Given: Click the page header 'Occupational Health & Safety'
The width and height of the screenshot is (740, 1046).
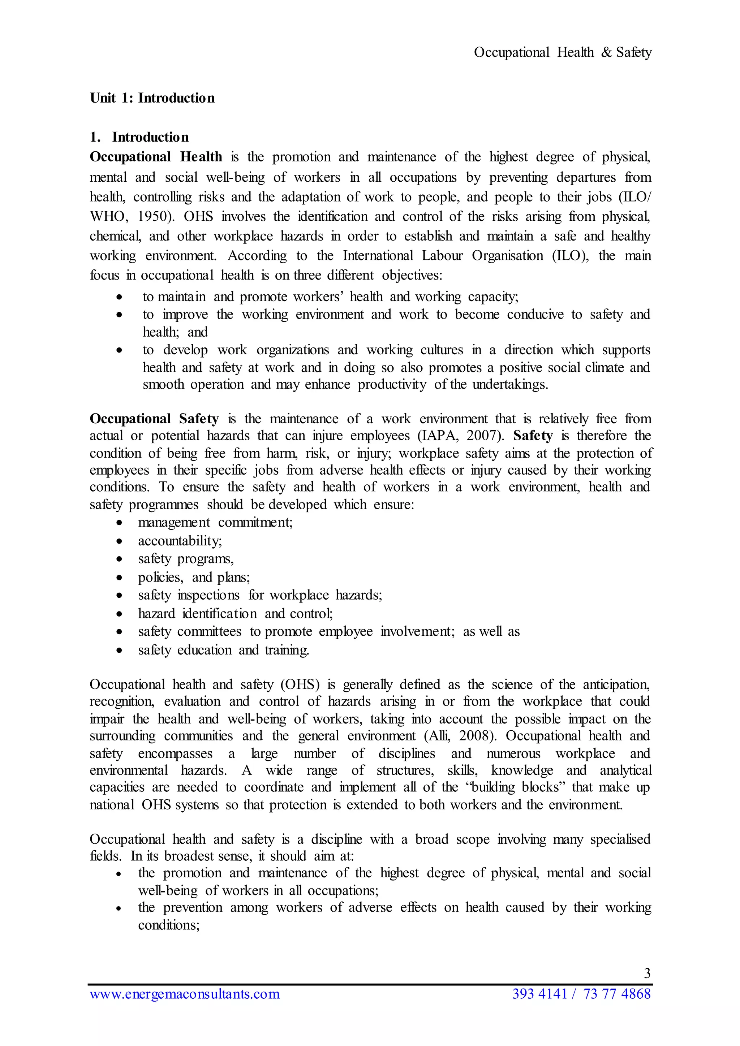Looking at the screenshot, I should [x=562, y=52].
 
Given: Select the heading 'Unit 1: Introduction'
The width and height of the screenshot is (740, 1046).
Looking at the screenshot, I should [x=152, y=98].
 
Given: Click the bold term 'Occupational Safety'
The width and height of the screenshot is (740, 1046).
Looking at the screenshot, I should [x=154, y=419].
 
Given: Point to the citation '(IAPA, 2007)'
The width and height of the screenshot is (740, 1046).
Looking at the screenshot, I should [x=461, y=436].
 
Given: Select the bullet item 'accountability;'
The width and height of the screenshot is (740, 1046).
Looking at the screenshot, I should [x=180, y=541].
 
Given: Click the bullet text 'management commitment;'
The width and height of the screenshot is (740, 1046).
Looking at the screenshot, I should [x=215, y=523].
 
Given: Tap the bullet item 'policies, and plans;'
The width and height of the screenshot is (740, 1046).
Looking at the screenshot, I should [x=194, y=578].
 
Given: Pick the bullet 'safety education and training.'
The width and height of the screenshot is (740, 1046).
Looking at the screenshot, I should [x=223, y=650].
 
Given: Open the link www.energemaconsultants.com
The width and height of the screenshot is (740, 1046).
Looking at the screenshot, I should [x=185, y=994].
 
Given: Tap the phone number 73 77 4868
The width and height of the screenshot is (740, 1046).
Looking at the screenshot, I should [x=617, y=994].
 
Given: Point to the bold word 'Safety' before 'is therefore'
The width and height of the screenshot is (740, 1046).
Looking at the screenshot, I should [x=533, y=436].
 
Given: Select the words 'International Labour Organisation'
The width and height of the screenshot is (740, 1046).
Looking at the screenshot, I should [x=443, y=256].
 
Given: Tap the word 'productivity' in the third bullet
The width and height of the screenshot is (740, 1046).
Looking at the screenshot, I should [x=392, y=385].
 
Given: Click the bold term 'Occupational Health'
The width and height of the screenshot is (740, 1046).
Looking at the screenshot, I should [x=156, y=157].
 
